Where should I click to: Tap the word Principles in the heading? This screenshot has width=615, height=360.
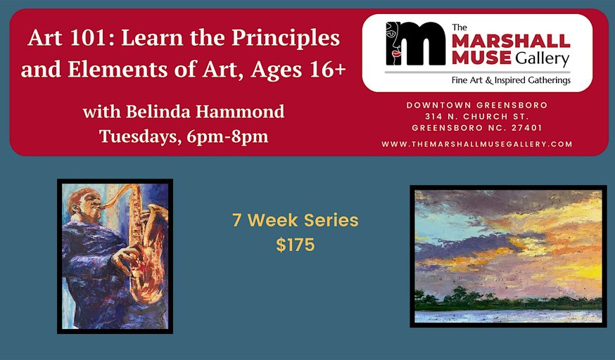coord(286,39)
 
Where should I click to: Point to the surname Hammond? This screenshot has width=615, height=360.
coord(240,112)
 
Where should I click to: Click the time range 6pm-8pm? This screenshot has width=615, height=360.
coord(227,137)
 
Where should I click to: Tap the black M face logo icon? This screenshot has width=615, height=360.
coord(415,43)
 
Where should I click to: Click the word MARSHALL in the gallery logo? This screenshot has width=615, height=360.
coord(511,41)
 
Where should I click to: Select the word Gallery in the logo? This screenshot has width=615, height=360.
coord(542,59)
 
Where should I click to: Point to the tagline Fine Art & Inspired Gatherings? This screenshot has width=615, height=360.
coord(511,80)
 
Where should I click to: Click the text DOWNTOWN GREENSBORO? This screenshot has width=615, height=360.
coord(477,105)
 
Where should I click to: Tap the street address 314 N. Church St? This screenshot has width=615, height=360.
coord(477,116)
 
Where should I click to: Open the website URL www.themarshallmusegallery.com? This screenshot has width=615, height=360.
coord(477,144)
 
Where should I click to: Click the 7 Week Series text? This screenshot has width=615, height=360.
coord(296,220)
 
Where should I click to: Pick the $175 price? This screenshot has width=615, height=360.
coord(296,245)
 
